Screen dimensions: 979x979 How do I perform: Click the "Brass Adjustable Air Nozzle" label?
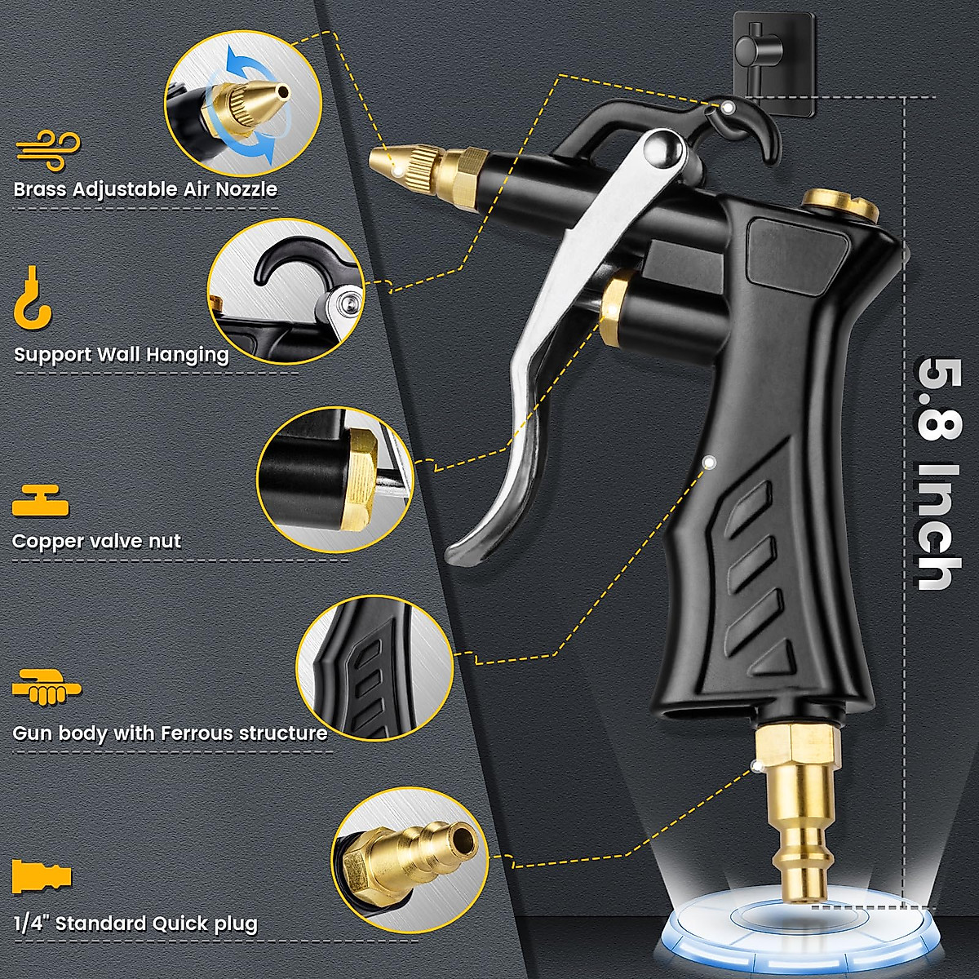pos(145,189)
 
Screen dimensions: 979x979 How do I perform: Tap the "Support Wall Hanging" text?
pos(121,355)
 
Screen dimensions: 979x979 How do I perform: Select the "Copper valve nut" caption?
pos(96,541)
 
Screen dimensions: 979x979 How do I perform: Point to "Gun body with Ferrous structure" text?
pos(170,733)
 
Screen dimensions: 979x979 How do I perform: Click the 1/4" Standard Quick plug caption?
pos(135,924)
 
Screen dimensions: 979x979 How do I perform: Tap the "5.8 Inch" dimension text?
pos(935,473)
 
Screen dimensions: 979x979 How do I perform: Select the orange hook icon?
pos(33,298)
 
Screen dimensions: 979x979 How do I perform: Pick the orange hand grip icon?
pos(47,687)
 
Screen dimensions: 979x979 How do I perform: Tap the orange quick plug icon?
pos(42,876)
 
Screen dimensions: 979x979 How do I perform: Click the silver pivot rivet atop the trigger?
pos(662,149)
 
